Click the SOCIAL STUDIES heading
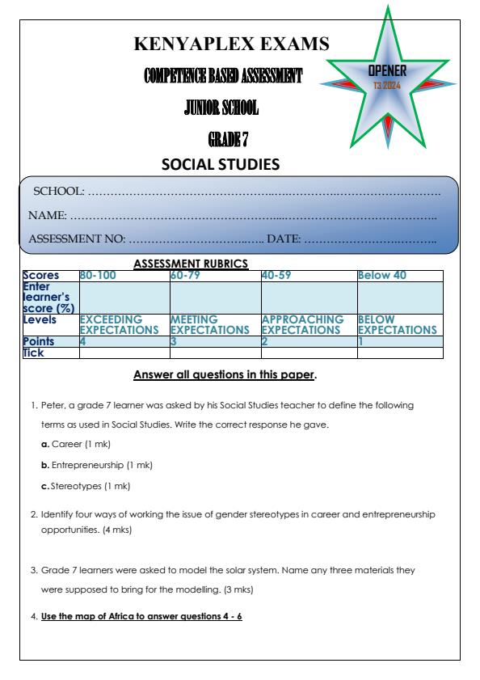click(221, 165)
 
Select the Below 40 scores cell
click(382, 275)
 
